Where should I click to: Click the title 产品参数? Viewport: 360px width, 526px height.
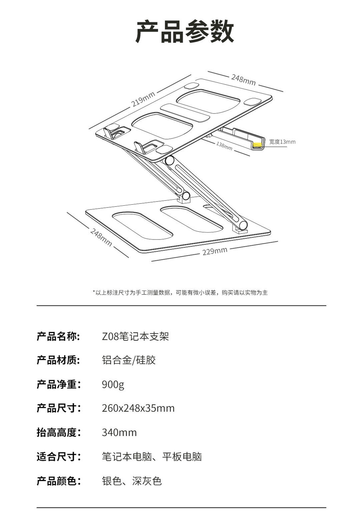point(185,31)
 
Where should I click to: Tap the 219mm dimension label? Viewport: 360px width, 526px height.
point(143,99)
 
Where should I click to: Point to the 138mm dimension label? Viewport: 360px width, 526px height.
point(224,146)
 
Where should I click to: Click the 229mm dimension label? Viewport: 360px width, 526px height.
point(215,251)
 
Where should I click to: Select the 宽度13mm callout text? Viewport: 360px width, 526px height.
point(282,142)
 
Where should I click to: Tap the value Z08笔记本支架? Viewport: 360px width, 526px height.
point(135,336)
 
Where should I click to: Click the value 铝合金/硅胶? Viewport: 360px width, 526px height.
point(129,360)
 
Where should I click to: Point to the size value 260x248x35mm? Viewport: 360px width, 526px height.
point(138,408)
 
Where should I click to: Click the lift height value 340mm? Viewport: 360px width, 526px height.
point(119,432)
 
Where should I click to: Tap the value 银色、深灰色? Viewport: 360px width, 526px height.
point(132,481)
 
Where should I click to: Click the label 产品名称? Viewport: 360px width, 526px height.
point(58,336)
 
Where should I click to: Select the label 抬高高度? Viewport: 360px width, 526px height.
point(58,432)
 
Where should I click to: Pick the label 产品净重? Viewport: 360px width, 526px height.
point(58,385)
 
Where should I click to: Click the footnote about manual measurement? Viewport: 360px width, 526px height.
point(180,293)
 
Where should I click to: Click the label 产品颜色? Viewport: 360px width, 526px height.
point(58,481)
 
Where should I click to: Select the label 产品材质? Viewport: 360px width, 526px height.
point(58,360)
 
